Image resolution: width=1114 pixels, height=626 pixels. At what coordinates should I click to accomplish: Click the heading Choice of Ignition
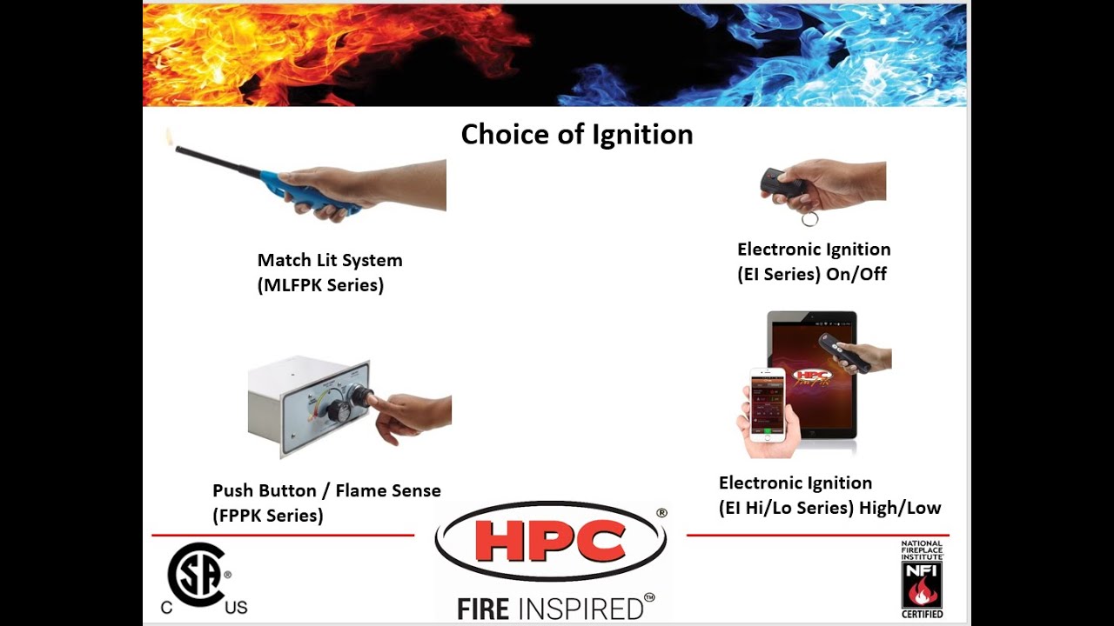tap(576, 135)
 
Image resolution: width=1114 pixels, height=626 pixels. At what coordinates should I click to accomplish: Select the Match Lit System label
tap(329, 260)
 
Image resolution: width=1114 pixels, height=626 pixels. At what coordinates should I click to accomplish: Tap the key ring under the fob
tap(809, 217)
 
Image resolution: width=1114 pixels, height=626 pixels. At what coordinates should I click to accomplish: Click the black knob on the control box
tap(340, 409)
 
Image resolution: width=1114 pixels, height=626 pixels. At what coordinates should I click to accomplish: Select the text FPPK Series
tap(267, 516)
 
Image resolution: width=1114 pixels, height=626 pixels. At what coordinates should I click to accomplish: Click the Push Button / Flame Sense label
tap(326, 491)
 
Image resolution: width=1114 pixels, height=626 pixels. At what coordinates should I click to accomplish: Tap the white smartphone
tap(767, 404)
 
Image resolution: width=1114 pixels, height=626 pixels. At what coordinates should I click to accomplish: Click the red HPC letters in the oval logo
tap(551, 541)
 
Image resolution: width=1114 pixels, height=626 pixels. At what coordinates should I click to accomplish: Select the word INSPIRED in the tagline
tap(582, 608)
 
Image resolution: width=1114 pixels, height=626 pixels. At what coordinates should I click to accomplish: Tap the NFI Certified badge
tap(922, 579)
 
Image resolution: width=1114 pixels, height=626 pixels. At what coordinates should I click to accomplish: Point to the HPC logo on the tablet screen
tap(812, 376)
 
